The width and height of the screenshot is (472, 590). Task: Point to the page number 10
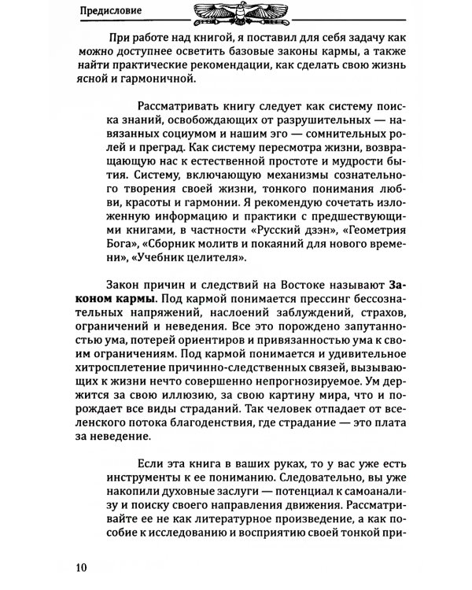click(x=83, y=568)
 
